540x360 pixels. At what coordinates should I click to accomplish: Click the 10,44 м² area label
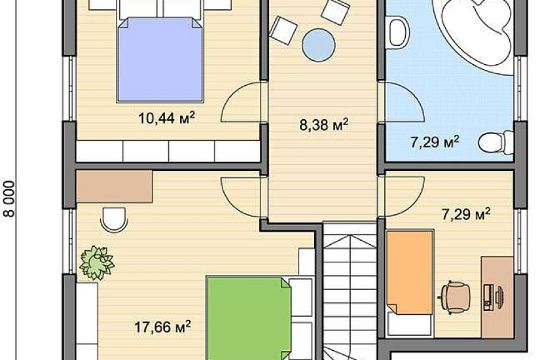click(167, 118)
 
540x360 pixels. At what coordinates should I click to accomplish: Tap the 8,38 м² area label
click(324, 124)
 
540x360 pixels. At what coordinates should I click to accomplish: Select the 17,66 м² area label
click(162, 327)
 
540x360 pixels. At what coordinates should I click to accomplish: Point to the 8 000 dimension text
click(10, 199)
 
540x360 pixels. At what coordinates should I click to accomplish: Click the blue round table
click(319, 45)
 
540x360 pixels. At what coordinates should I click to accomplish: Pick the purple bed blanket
click(160, 60)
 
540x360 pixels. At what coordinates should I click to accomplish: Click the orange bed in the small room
click(410, 272)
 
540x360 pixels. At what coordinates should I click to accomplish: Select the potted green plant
click(96, 262)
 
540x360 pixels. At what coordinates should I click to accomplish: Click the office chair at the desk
click(456, 297)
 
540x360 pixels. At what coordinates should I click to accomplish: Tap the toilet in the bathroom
click(496, 142)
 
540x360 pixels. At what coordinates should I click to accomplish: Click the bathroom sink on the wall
click(399, 33)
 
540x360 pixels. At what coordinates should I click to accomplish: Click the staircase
click(350, 291)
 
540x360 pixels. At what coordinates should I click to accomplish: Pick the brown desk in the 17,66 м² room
click(115, 186)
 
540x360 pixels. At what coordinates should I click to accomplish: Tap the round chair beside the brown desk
click(114, 220)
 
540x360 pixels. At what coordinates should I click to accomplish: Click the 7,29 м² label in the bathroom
click(435, 141)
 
